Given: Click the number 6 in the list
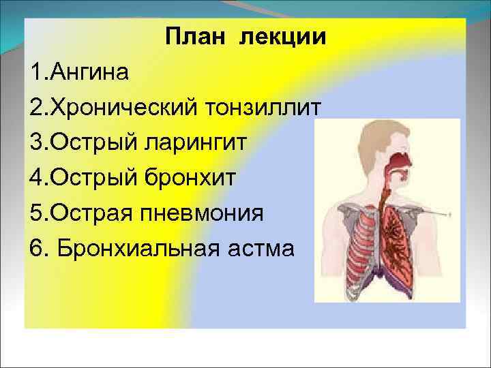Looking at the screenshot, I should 37,249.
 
